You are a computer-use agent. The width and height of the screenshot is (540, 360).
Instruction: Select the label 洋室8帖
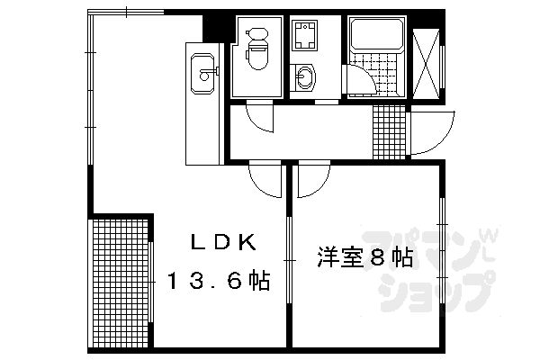364,259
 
